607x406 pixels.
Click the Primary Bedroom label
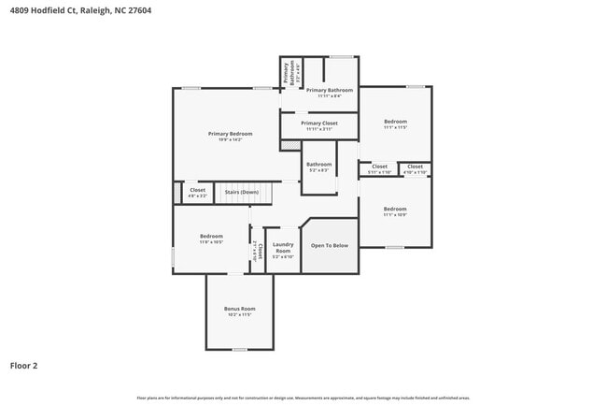(230, 134)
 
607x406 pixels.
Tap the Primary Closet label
(319, 123)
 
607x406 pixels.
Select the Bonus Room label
(239, 309)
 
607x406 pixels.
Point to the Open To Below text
(329, 246)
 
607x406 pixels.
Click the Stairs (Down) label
(243, 192)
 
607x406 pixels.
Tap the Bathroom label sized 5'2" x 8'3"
(318, 165)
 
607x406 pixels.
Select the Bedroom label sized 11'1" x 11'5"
(395, 122)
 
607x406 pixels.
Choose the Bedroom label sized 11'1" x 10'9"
(395, 209)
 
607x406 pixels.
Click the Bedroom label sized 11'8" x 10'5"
(211, 236)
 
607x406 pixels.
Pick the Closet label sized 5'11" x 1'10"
(379, 167)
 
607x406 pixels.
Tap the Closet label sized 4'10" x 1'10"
(415, 167)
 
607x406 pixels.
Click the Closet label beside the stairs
(198, 190)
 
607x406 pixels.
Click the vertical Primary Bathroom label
(288, 73)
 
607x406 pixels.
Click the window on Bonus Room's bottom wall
(239, 350)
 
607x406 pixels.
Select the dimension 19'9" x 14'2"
(230, 140)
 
